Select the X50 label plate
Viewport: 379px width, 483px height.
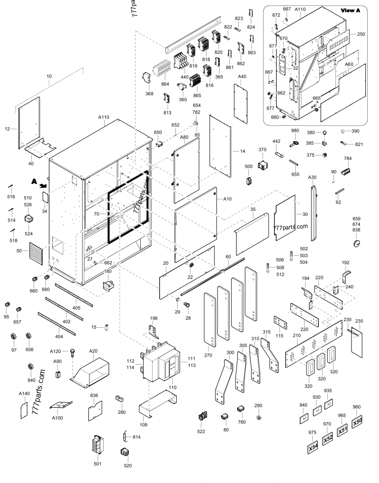click(358, 421)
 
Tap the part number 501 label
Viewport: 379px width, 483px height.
click(97, 464)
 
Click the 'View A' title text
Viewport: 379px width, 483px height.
click(351, 10)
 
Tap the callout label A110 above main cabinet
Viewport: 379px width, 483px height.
click(104, 116)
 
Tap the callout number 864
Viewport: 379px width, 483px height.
click(165, 84)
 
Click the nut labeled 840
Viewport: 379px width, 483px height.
click(31, 367)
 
